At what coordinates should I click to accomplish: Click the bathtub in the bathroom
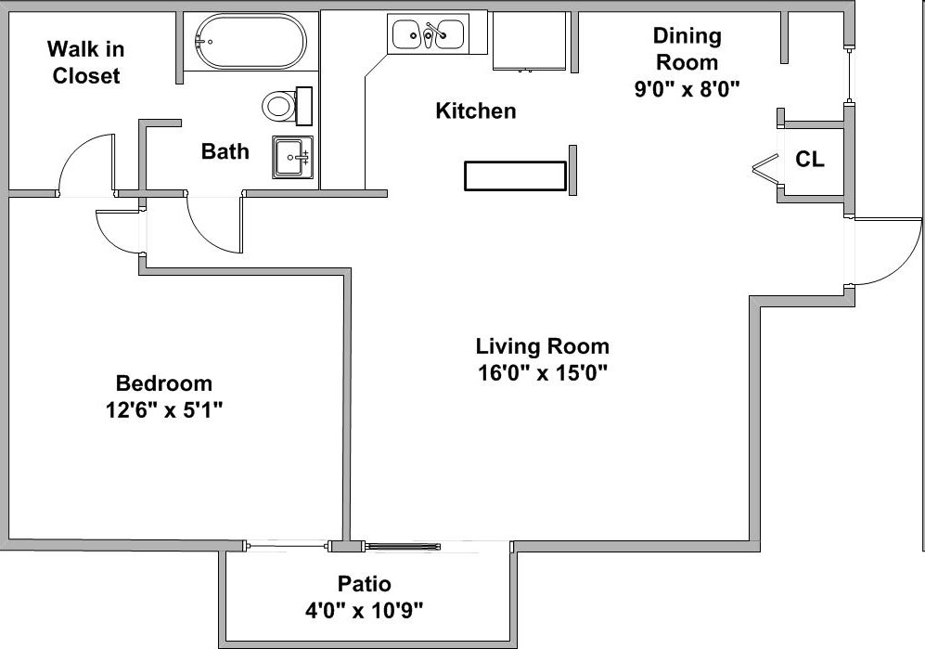249,41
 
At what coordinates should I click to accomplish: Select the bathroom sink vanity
293,157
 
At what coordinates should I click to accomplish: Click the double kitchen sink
428,34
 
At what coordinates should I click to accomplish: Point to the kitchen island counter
515,176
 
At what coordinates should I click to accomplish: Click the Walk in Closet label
85,62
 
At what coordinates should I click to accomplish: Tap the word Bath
225,151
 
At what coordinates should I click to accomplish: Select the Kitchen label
475,111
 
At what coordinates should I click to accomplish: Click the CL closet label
809,160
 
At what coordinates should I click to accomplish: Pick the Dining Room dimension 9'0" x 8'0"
686,89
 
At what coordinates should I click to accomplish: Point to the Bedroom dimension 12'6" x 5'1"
163,409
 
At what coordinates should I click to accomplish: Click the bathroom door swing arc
214,226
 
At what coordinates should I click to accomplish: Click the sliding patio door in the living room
399,546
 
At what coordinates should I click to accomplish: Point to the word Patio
364,584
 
